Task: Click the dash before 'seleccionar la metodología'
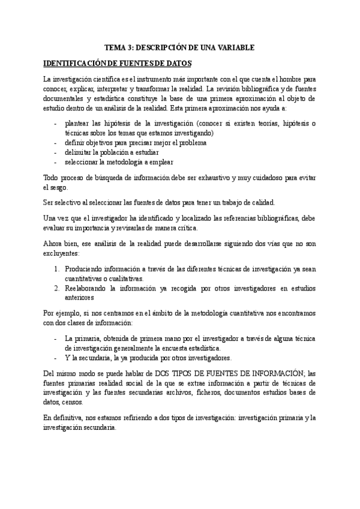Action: [55, 161]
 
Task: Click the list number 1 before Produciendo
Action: [56, 270]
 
